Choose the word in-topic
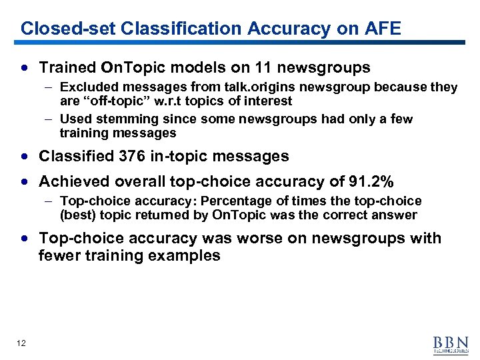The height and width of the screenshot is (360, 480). [177, 156]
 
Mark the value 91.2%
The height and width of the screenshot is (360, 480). [370, 181]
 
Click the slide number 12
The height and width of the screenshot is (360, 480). [22, 343]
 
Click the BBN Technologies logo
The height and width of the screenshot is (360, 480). [451, 343]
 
